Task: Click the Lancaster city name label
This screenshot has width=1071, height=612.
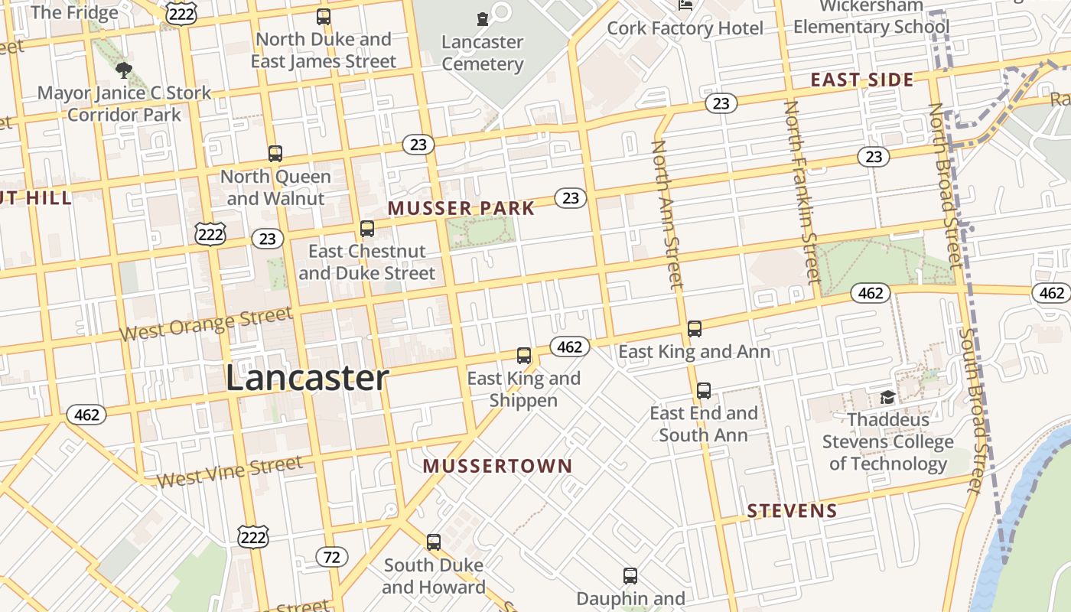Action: [x=307, y=379]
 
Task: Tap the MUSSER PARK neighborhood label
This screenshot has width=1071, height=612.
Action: [x=461, y=208]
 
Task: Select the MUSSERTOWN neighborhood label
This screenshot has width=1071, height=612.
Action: [x=497, y=466]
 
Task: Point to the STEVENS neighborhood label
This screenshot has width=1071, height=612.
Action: [x=792, y=511]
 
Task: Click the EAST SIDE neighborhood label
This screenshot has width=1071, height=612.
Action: [x=862, y=80]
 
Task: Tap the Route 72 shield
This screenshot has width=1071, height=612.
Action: [x=331, y=557]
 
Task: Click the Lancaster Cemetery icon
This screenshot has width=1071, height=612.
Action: [x=482, y=18]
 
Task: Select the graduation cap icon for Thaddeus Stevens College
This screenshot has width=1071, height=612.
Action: [x=887, y=397]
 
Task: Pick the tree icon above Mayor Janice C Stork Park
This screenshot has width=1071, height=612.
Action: [x=123, y=71]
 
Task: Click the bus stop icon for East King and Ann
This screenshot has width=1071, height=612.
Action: [x=695, y=329]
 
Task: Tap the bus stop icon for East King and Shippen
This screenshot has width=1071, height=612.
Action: [x=524, y=356]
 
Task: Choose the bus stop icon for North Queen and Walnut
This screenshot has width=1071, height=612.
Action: [x=275, y=154]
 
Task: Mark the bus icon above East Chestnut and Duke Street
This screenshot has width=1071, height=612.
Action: [x=367, y=229]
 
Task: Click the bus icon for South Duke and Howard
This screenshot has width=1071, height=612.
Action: [x=434, y=542]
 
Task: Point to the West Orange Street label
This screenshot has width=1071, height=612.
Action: [x=206, y=324]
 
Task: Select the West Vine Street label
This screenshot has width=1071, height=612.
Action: [x=229, y=470]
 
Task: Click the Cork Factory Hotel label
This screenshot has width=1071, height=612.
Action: [x=685, y=28]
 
